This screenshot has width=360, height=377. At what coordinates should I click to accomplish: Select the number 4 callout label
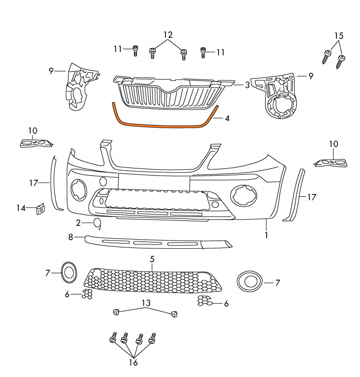click(x=227, y=118)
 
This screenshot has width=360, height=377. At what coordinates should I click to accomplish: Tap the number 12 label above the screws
click(x=168, y=35)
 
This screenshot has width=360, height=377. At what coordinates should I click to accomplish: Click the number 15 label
click(x=338, y=36)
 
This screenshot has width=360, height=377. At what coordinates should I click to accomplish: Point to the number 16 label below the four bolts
click(x=133, y=362)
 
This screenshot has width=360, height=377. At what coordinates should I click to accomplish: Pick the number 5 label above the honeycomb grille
click(x=152, y=259)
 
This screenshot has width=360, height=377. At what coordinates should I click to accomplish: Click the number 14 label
click(x=21, y=208)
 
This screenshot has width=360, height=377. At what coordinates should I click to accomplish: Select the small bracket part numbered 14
click(x=40, y=209)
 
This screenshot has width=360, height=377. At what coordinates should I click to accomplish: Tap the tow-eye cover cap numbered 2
click(x=97, y=223)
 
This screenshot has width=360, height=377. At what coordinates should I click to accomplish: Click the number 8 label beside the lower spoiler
click(x=70, y=237)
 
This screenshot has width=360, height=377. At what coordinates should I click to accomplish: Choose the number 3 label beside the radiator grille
click(x=247, y=85)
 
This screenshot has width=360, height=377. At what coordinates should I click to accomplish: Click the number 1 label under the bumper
click(x=266, y=235)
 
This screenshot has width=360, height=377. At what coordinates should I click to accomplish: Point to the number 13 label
click(x=146, y=303)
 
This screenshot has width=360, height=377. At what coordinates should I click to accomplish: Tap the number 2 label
click(x=78, y=223)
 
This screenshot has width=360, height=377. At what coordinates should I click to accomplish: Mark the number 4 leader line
click(x=219, y=118)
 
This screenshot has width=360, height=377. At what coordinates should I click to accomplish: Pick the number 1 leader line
click(x=267, y=225)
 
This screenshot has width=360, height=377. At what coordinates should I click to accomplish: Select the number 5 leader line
click(x=152, y=267)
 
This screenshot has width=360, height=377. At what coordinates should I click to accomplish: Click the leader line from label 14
click(x=31, y=208)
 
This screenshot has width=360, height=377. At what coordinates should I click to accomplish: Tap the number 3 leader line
click(x=238, y=85)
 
